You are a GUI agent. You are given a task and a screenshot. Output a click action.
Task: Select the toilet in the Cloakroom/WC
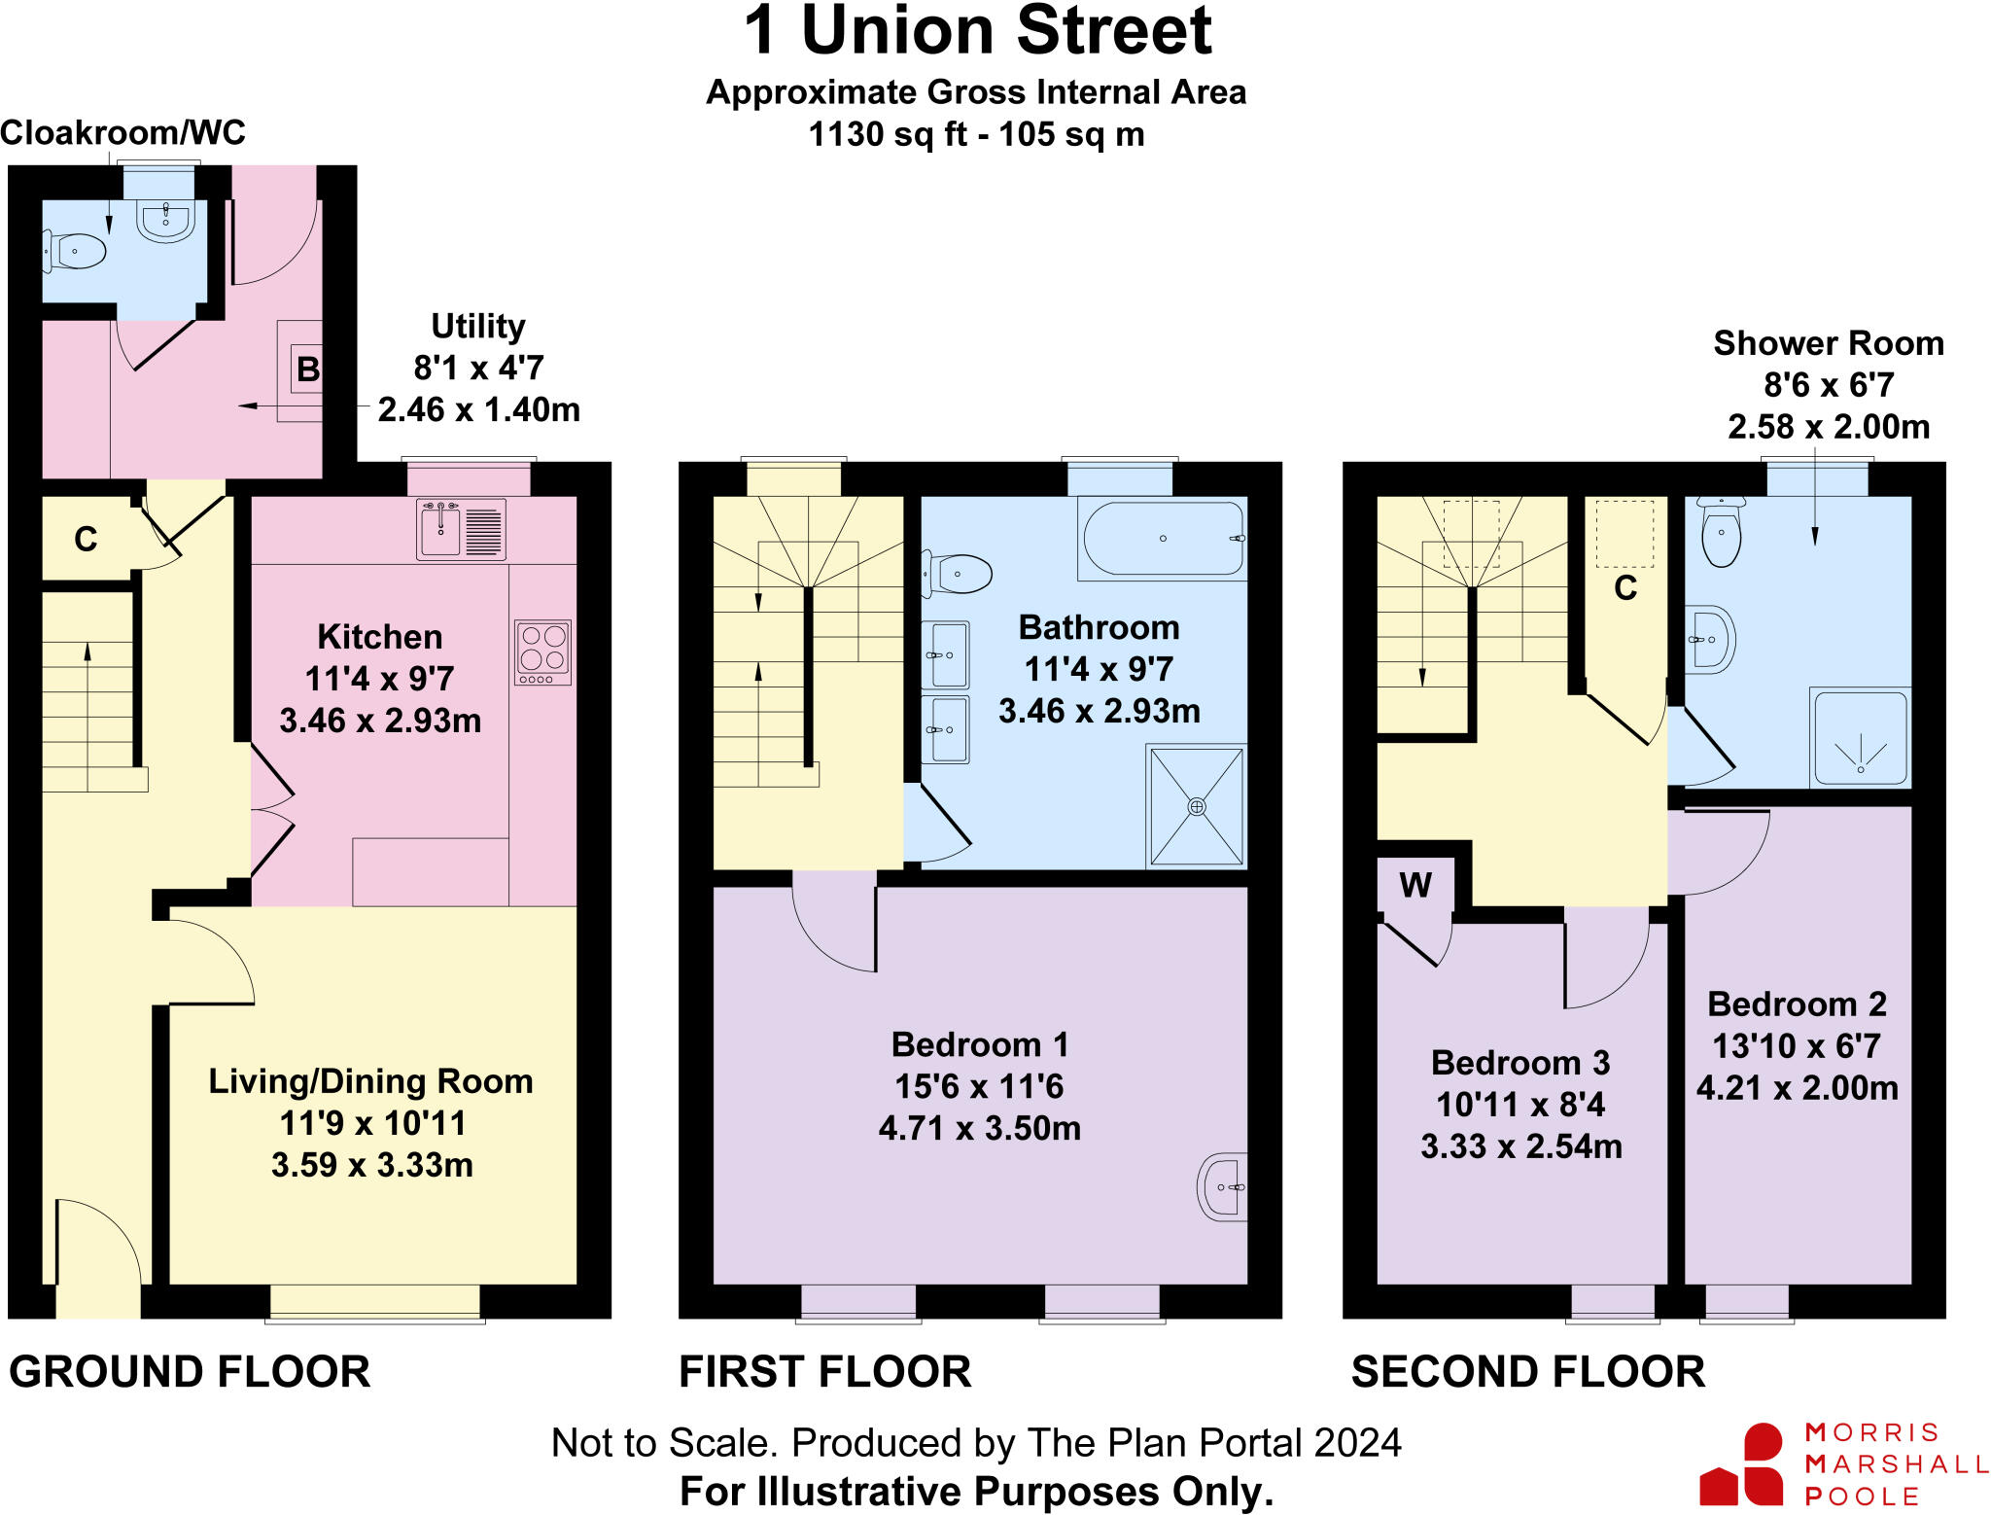[76, 252]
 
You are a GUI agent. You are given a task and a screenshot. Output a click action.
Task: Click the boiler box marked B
[307, 370]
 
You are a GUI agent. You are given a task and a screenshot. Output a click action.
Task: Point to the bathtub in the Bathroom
[1163, 538]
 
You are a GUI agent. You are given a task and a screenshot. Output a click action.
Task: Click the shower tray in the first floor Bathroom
[1197, 806]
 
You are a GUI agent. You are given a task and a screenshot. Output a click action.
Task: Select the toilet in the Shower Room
[1722, 533]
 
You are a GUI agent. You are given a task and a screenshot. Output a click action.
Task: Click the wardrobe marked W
[1415, 885]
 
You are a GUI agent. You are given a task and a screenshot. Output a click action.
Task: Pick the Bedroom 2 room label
[1797, 1004]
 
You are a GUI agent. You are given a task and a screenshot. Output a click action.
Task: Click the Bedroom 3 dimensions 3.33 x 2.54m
[1521, 1146]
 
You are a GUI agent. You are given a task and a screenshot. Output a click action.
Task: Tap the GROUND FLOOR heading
[190, 1372]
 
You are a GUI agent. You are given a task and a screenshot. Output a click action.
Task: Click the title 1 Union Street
[977, 31]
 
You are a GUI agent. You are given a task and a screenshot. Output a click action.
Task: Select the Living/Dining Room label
[370, 1081]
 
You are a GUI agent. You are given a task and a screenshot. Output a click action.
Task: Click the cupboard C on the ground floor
[86, 539]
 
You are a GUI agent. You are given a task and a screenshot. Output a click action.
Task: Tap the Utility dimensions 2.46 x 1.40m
[478, 409]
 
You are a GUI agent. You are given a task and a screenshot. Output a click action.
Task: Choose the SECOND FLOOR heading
[1527, 1372]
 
